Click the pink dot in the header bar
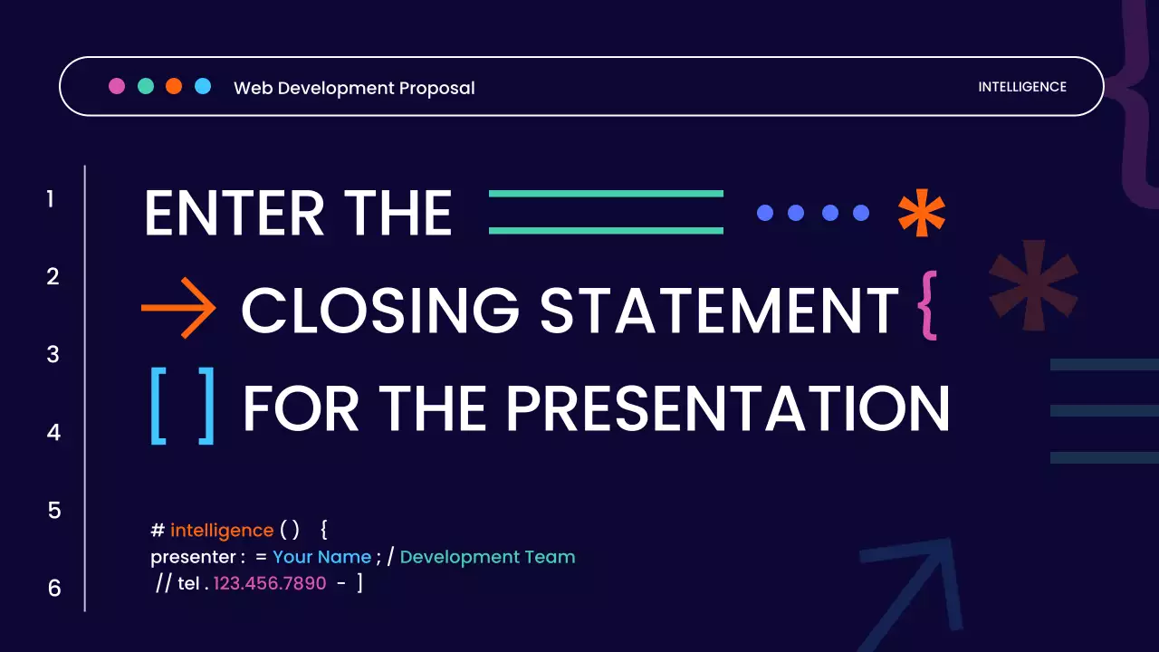click(117, 86)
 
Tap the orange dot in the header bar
click(174, 86)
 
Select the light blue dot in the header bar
click(203, 86)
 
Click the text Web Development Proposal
click(354, 88)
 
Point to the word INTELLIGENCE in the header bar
click(1022, 87)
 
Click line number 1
click(51, 198)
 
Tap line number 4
click(53, 433)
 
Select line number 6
click(54, 589)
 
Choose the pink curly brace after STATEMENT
click(927, 306)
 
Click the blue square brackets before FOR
click(183, 407)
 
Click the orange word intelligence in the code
click(222, 531)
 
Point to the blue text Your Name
click(321, 557)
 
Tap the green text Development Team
click(487, 557)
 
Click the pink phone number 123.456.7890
click(270, 584)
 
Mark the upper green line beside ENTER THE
click(606, 194)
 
